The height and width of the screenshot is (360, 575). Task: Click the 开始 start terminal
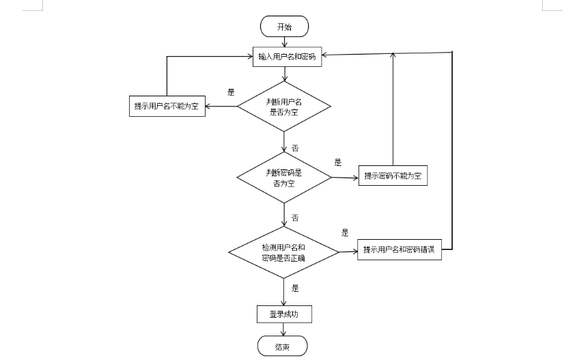coord(284,27)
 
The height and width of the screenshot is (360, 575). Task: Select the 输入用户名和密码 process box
coord(287,57)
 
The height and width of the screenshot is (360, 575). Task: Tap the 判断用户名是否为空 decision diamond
coord(283,106)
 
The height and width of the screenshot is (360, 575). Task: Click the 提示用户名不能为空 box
coord(167,106)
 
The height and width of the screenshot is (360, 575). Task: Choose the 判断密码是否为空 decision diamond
coord(283,178)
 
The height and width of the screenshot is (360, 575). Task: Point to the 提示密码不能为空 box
coord(393,176)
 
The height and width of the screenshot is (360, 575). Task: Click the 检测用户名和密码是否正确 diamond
coord(283,253)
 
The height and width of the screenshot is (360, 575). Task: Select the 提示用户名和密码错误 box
coord(399,250)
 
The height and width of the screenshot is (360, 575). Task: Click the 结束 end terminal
coord(282,346)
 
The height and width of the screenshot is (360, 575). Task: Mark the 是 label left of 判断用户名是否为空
coord(231,92)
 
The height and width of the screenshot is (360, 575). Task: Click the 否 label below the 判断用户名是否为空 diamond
coord(295,148)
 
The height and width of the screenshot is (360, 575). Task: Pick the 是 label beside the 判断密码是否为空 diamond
coord(337,163)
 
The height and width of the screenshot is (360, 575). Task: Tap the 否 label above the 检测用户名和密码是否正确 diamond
coord(295,218)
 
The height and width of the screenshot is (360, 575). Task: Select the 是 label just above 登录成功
coord(295,288)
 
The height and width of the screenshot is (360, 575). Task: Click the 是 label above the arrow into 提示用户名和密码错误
coord(345,233)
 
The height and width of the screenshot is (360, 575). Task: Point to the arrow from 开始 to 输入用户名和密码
coord(284,42)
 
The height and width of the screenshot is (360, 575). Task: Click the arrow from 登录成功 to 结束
coord(283,329)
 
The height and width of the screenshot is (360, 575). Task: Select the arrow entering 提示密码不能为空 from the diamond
coord(345,178)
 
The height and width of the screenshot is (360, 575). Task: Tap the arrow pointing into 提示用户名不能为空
coord(221,106)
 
